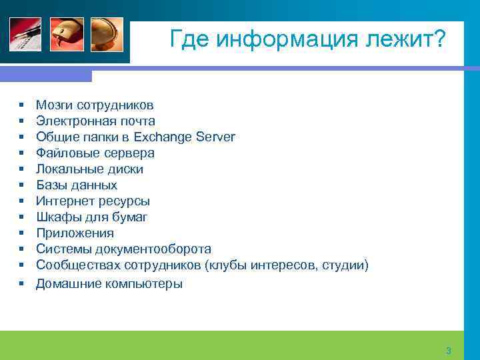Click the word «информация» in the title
coord(280,39)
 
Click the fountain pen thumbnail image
coord(25,34)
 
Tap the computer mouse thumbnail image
coord(67,34)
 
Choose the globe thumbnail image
coord(107,34)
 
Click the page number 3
coord(449,351)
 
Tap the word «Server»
coord(217,137)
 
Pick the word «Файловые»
coord(64,153)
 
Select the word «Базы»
coord(51,185)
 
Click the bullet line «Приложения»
coord(75,233)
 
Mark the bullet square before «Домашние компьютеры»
coord(22,283)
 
